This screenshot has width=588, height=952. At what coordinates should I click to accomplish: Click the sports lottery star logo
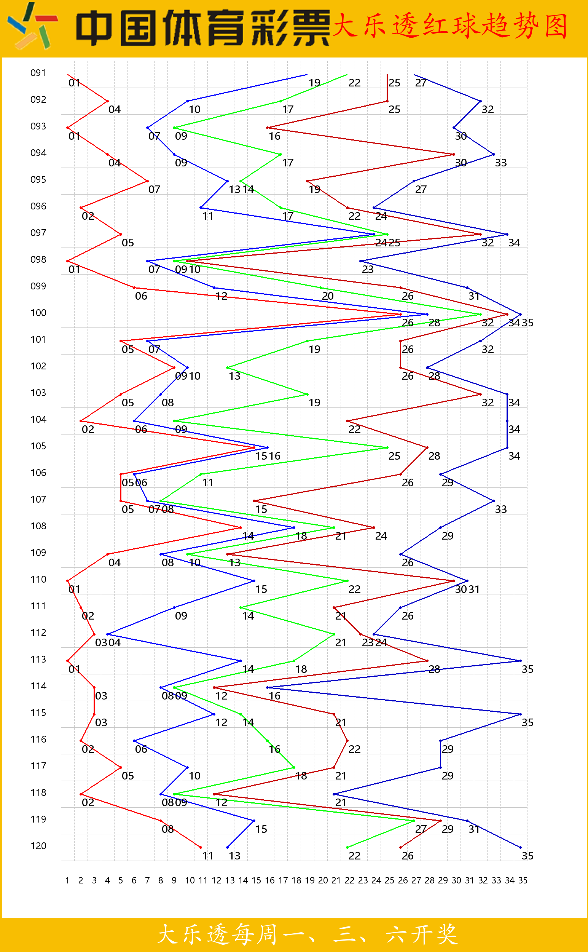33,26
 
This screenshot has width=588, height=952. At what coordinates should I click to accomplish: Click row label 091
38,73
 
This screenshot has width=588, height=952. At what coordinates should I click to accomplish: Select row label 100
38,313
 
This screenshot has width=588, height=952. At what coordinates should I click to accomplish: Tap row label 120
38,846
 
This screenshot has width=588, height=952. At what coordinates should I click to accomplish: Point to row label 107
38,499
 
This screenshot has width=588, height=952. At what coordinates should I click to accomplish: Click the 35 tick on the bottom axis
523,880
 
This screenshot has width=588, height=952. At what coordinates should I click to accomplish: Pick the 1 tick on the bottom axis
67,880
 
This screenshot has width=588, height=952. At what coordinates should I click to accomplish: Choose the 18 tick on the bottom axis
296,880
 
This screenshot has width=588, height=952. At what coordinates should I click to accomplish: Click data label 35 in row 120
527,856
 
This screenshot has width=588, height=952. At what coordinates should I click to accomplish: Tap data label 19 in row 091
315,83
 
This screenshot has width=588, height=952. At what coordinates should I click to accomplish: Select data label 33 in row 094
501,163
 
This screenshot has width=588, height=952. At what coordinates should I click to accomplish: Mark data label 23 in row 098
368,269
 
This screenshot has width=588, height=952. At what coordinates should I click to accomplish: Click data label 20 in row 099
328,296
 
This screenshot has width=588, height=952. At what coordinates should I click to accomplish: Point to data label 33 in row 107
501,509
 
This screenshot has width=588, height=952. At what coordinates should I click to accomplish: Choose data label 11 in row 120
208,856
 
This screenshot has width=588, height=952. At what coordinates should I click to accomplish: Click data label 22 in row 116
354,749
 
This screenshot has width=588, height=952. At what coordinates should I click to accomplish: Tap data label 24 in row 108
381,536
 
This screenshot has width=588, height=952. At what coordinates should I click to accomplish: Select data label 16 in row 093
274,136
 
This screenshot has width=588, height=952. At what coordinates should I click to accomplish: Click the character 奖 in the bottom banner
446,934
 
